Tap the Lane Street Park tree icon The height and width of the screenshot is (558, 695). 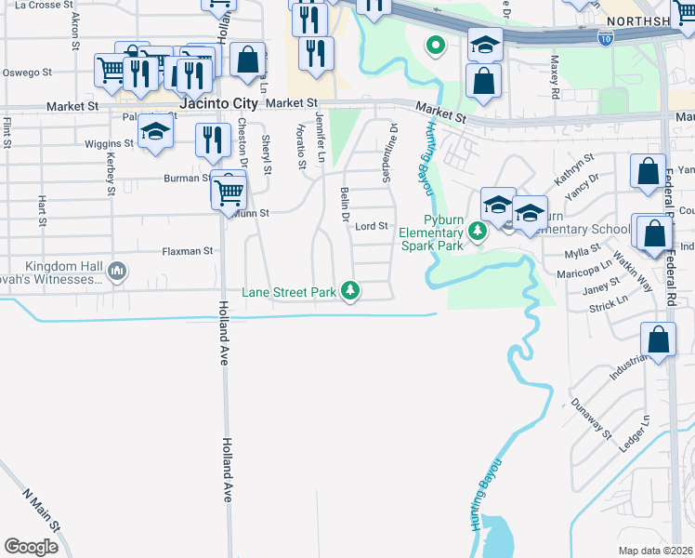[350, 292]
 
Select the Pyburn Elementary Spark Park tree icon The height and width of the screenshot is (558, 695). [478, 230]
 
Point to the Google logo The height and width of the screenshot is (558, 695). [31, 547]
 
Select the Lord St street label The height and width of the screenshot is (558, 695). [371, 226]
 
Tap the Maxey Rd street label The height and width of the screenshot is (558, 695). [554, 76]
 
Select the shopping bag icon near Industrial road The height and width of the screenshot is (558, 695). [658, 340]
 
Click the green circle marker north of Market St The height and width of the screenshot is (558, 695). [434, 44]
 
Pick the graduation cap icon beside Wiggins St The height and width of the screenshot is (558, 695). [155, 132]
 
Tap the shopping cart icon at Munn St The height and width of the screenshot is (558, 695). [228, 193]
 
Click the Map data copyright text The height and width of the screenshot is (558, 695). [654, 551]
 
